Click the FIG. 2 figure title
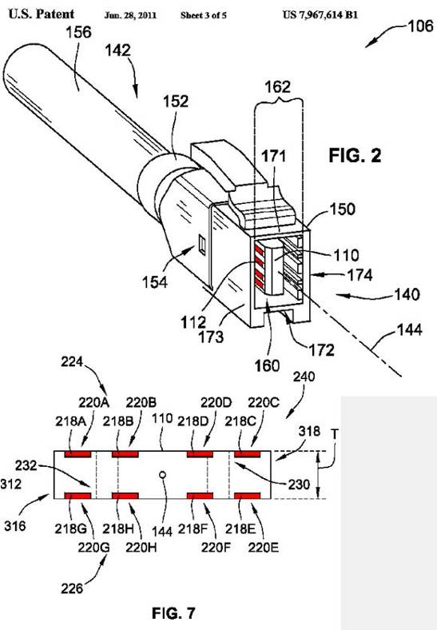355,155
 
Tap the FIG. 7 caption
173,612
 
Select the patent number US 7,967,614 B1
320,15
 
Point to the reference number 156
79,32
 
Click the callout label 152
176,102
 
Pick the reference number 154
155,282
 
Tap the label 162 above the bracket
278,87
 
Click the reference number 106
420,26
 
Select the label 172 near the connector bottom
322,350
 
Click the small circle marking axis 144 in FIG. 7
163,475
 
